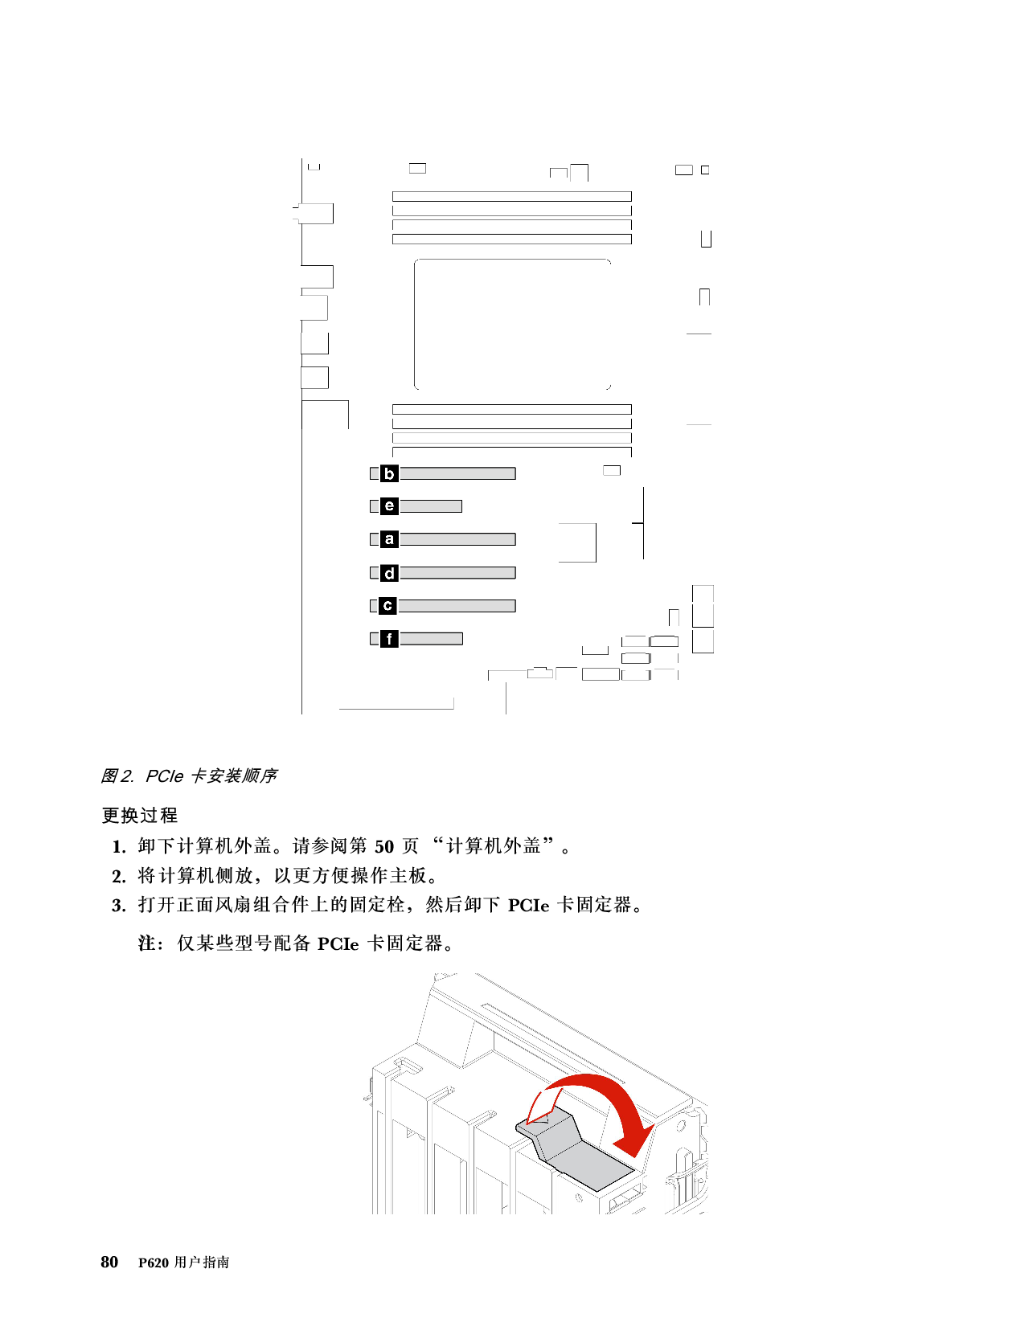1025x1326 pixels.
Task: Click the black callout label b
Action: click(389, 473)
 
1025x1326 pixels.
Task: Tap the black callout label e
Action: click(389, 506)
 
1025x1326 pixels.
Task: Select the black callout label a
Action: click(389, 539)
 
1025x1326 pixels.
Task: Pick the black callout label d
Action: click(389, 573)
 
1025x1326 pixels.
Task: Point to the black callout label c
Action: click(387, 606)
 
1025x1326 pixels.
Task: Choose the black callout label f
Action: click(389, 639)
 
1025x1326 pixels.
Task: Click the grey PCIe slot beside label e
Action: click(430, 506)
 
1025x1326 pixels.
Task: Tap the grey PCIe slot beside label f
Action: click(431, 639)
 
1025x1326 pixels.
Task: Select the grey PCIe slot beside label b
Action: click(457, 473)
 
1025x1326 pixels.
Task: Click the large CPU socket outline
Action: click(415, 324)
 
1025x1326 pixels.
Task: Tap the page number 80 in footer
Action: click(109, 1262)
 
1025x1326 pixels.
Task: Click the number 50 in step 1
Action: click(384, 847)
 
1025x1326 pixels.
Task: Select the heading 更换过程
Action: click(140, 815)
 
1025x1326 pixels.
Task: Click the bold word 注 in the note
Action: click(146, 943)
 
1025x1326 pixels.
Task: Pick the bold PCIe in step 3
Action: click(529, 906)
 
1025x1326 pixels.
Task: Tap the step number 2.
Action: click(118, 877)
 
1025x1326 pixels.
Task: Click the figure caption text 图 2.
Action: click(117, 776)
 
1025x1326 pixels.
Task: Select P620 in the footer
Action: click(154, 1263)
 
